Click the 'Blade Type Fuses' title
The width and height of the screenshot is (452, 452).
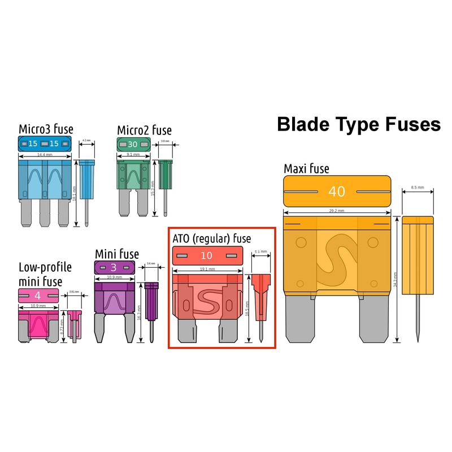tap(358, 124)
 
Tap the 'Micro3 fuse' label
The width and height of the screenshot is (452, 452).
tap(46, 129)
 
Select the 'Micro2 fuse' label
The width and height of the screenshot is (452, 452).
tap(144, 131)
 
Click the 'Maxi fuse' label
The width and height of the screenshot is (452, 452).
tap(306, 168)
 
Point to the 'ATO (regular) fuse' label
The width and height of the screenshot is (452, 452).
tap(211, 238)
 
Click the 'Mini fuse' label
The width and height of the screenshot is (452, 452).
tap(116, 254)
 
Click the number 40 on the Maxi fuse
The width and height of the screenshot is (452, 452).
tap(336, 192)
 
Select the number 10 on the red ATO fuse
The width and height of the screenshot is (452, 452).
tap(207, 256)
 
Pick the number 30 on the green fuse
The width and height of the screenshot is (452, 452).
tap(133, 145)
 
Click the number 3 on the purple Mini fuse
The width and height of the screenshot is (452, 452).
tap(113, 267)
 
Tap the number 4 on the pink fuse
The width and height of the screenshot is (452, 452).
tap(37, 295)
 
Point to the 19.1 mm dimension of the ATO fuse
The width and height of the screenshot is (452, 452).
tap(207, 270)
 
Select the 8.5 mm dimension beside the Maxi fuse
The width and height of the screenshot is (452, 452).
tap(418, 188)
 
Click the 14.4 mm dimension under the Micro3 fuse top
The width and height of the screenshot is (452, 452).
tap(45, 154)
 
